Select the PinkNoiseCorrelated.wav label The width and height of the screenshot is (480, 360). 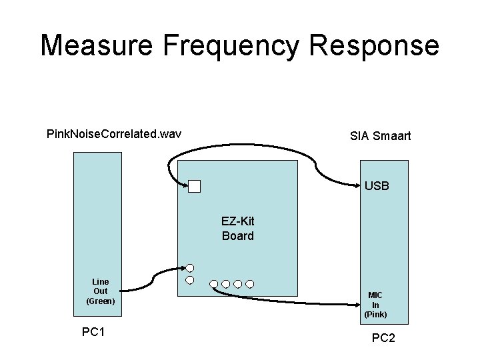(x=114, y=135)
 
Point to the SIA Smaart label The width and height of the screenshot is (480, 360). (x=380, y=136)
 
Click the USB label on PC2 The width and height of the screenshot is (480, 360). (x=377, y=186)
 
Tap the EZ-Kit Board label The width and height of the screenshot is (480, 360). (x=237, y=228)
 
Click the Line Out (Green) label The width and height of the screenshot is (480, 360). (x=101, y=291)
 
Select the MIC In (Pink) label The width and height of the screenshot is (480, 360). (x=375, y=304)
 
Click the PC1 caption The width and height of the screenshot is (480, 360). (x=93, y=332)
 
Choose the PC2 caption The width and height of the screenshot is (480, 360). (x=383, y=338)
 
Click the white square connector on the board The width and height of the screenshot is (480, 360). (x=194, y=187)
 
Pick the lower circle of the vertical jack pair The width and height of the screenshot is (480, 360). (x=190, y=280)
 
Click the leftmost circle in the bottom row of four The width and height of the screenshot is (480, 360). (x=213, y=284)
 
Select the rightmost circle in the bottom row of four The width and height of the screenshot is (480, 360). (x=249, y=284)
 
